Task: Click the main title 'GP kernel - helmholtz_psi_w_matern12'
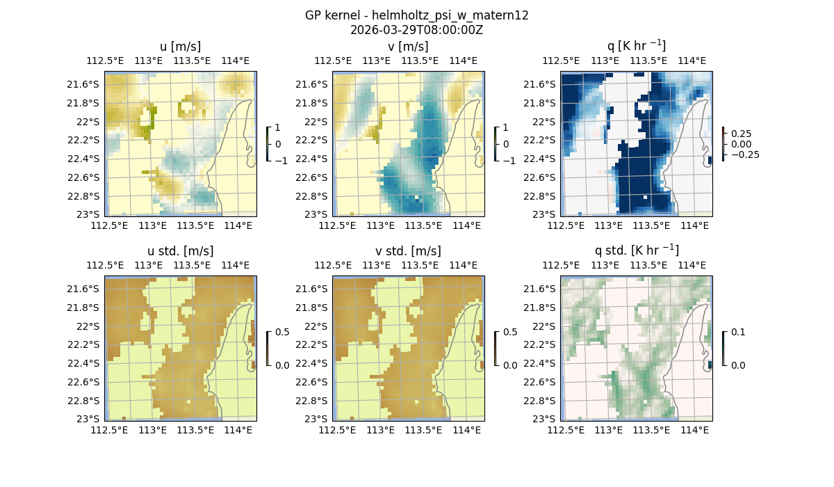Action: point(416,15)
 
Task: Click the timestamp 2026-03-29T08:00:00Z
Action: point(416,30)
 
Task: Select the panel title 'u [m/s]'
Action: point(180,47)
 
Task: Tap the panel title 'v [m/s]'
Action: point(408,47)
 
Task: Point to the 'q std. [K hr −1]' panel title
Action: point(636,250)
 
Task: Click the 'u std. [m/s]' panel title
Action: point(180,251)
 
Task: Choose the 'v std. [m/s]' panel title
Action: point(408,251)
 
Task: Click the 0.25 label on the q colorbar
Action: point(741,133)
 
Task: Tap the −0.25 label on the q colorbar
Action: point(744,154)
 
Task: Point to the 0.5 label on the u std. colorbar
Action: point(282,332)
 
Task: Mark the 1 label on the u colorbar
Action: point(278,127)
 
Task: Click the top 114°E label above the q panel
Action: point(692,61)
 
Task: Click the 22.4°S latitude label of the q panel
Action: point(541,159)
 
